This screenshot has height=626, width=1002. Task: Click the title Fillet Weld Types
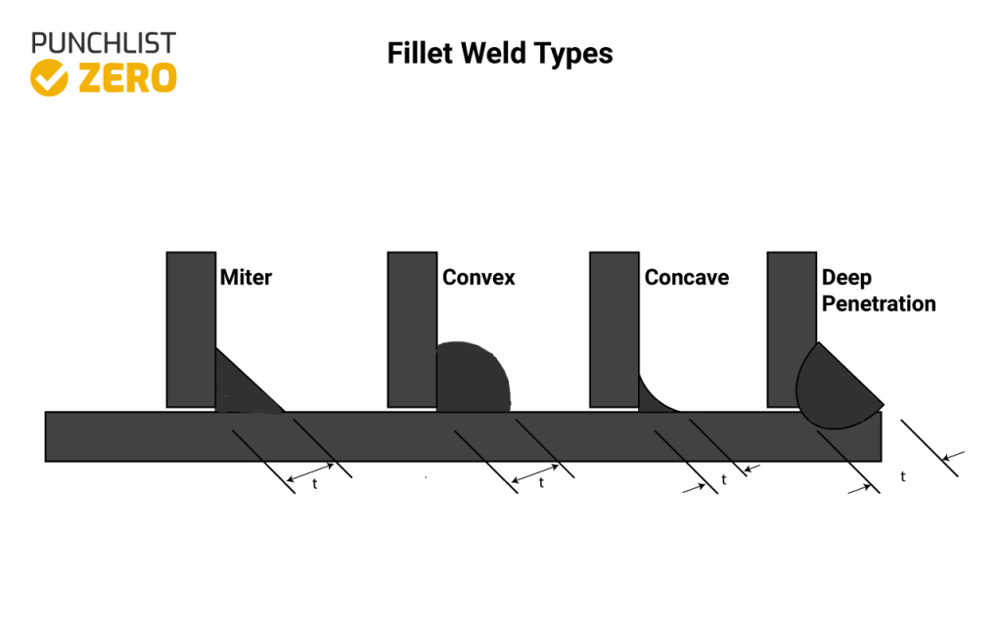(x=500, y=53)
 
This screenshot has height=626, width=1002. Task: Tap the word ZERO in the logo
(x=127, y=78)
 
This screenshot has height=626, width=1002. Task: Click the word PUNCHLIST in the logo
(x=103, y=43)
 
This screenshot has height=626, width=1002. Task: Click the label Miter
(x=246, y=278)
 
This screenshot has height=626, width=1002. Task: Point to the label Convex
(x=478, y=278)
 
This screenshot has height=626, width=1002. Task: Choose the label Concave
(x=686, y=278)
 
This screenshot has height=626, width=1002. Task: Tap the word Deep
(x=846, y=278)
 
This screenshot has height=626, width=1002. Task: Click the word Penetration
(x=879, y=304)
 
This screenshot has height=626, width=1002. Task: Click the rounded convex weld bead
(x=471, y=379)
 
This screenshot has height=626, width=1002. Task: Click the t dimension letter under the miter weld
(x=314, y=484)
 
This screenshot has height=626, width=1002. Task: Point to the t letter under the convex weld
(x=541, y=483)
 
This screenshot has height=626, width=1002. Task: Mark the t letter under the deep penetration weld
(x=902, y=477)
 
